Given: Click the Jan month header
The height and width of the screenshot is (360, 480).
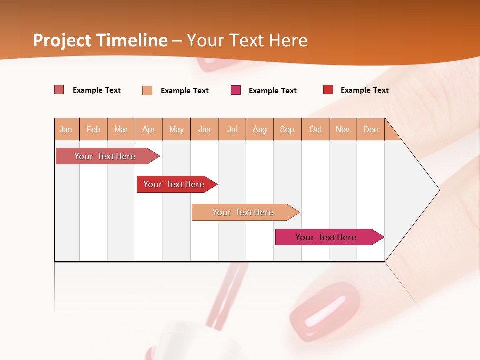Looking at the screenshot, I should point(66,129).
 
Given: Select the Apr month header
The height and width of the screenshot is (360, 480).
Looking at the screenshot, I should point(149,129).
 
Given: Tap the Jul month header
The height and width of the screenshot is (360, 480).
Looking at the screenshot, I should point(232,129).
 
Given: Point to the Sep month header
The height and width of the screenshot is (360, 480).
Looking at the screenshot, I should point(287,129).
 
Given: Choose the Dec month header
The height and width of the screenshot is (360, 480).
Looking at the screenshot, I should point(370,129).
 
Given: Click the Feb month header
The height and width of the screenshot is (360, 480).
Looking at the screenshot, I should point(93,129).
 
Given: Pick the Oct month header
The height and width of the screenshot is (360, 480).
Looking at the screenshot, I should point(315,129).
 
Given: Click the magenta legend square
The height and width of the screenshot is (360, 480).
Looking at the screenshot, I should point(236,90).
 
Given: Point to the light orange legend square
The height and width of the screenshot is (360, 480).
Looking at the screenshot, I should point(147,90).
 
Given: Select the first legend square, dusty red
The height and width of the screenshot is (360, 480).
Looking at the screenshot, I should point(59,90).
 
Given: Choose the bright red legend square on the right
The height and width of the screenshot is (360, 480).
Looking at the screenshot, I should point(328,90).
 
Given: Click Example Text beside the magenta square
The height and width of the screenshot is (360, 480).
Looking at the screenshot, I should point(272,91).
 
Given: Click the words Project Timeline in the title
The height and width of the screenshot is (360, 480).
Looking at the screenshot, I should point(100,40).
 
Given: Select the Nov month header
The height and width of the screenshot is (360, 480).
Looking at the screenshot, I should point(343,129).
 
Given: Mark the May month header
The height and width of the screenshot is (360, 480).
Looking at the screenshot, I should point(176,129).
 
